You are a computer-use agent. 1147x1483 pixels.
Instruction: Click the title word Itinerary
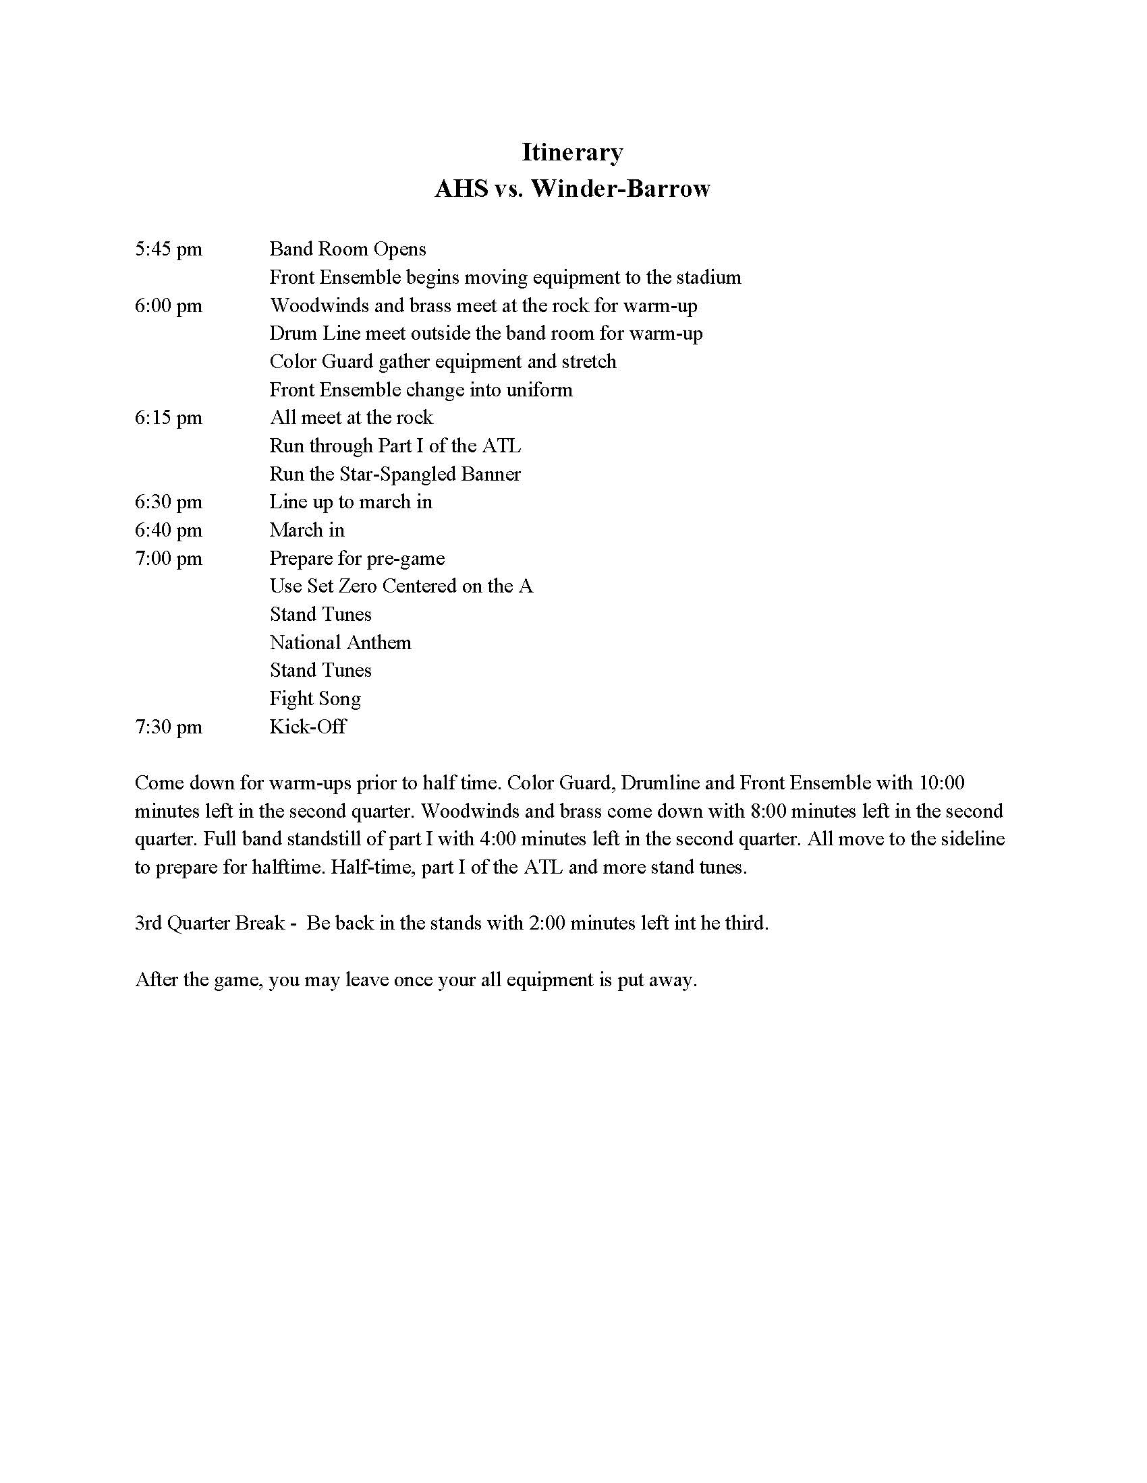pyautogui.click(x=572, y=152)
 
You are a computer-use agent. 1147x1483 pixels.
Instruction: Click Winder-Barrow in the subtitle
pyautogui.click(x=619, y=188)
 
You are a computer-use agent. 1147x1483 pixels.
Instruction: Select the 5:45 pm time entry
pyautogui.click(x=169, y=249)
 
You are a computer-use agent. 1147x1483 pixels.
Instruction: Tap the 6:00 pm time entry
pyautogui.click(x=169, y=305)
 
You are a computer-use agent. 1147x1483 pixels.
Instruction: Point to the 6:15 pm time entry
pyautogui.click(x=169, y=418)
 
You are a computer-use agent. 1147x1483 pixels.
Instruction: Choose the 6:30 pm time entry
pyautogui.click(x=169, y=502)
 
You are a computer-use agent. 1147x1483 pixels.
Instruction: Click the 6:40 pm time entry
pyautogui.click(x=169, y=530)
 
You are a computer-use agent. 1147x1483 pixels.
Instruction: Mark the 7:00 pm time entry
pyautogui.click(x=169, y=558)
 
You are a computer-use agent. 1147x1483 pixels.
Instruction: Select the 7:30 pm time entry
pyautogui.click(x=169, y=727)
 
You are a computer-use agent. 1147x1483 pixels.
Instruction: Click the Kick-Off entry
pyautogui.click(x=307, y=727)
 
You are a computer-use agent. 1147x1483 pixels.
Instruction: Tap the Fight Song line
pyautogui.click(x=314, y=699)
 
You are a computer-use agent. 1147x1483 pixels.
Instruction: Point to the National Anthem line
pyautogui.click(x=340, y=642)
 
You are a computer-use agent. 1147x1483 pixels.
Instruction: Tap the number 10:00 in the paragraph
pyautogui.click(x=941, y=783)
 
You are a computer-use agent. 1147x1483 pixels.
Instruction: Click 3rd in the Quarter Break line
pyautogui.click(x=148, y=924)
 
